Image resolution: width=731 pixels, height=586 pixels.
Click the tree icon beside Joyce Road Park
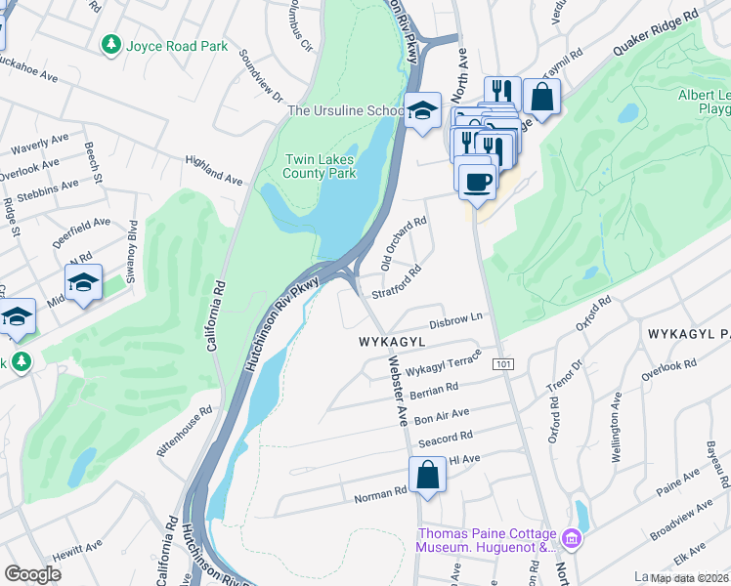coord(111,45)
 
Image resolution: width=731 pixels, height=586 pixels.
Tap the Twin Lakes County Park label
coord(320,166)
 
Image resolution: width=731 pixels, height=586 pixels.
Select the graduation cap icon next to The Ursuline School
coord(423,111)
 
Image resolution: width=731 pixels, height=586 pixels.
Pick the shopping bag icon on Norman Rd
coord(428,476)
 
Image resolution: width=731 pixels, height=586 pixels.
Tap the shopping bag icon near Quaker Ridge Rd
coord(540,96)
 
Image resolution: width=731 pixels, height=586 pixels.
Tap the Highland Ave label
coord(214,169)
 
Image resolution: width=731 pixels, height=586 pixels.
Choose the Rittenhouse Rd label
coord(185,433)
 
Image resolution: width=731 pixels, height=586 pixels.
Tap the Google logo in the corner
coord(32,574)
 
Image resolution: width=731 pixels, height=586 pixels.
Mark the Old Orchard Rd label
coord(404,242)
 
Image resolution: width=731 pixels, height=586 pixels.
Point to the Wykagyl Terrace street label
coord(445,365)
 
